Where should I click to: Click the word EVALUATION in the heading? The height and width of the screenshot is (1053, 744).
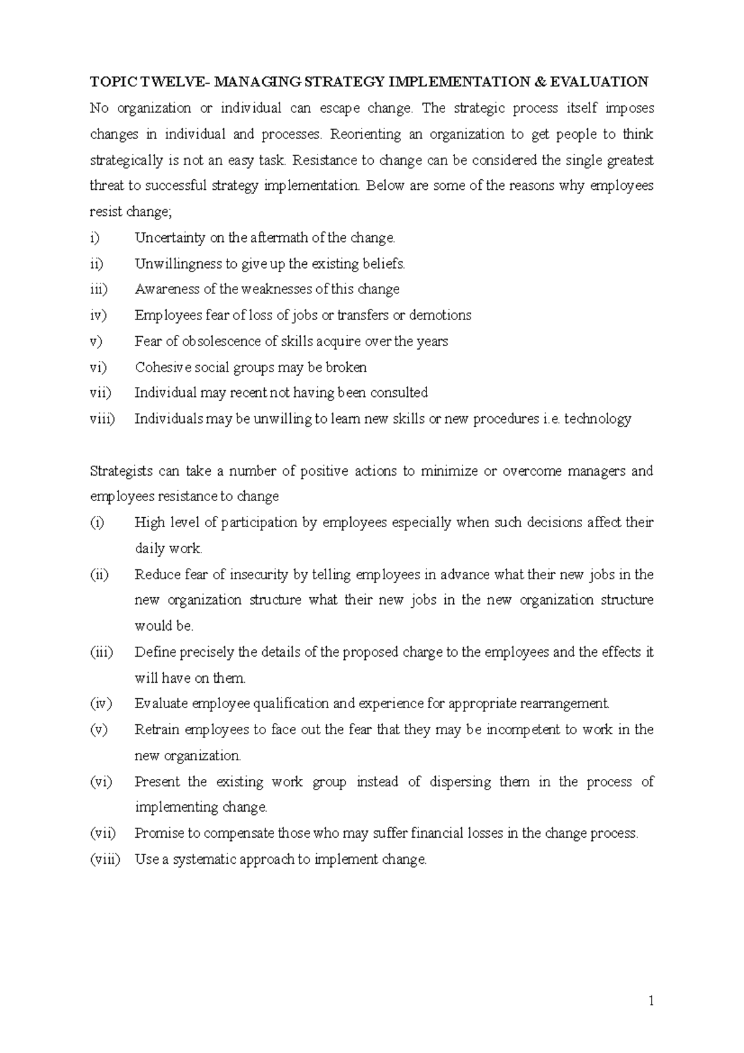[598, 82]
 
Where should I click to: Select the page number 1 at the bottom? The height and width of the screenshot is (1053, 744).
[651, 1000]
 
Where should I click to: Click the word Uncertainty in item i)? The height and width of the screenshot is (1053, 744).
[166, 238]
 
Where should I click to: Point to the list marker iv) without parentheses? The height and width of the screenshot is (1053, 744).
[99, 316]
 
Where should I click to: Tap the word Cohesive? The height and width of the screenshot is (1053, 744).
[162, 367]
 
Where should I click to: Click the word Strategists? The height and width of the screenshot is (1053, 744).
[121, 471]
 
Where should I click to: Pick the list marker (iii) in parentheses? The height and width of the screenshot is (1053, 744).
[102, 652]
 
